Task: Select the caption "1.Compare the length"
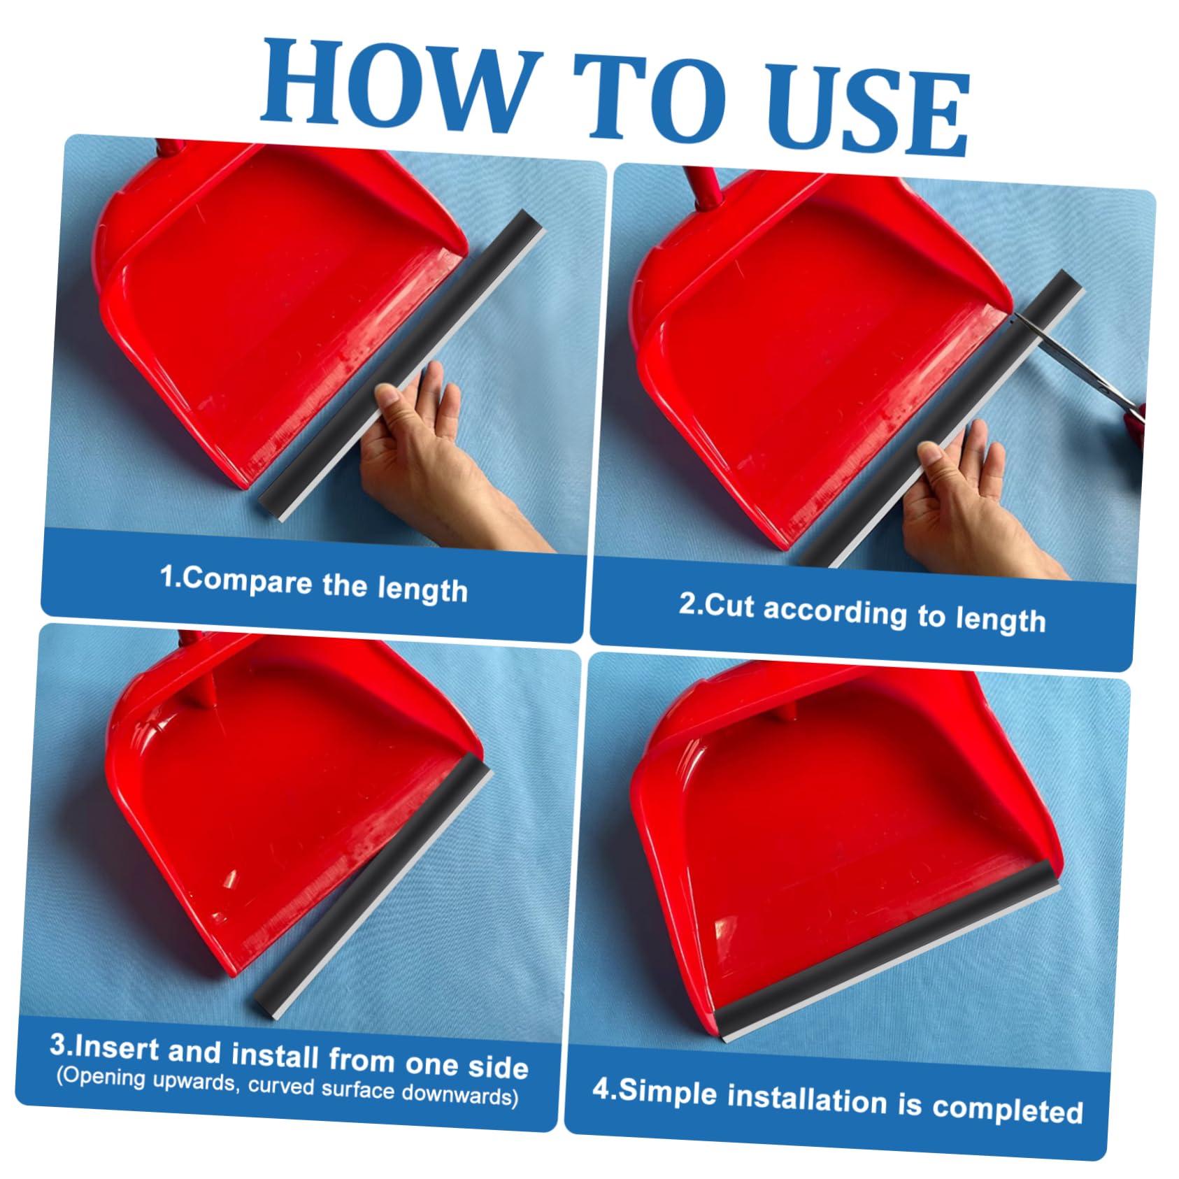click(x=313, y=585)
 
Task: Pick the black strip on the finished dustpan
click(x=885, y=952)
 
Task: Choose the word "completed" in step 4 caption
click(x=1008, y=1108)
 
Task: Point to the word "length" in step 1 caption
click(x=423, y=589)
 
